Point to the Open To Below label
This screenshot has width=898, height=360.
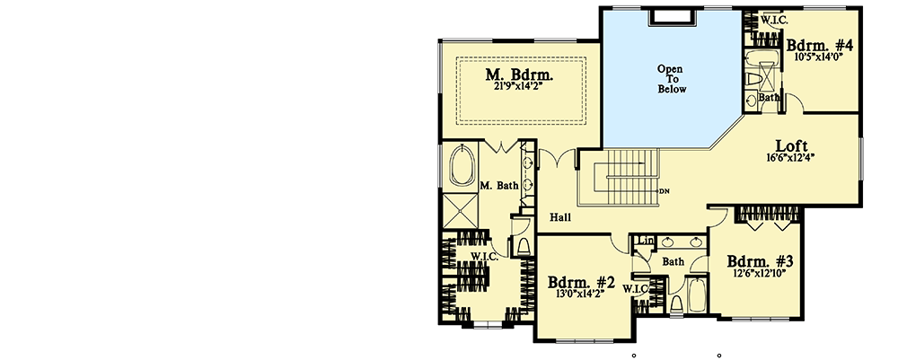(x=671, y=78)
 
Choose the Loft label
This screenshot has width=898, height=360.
(x=792, y=146)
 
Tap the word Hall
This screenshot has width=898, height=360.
(x=561, y=217)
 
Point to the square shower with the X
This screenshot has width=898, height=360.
(x=459, y=213)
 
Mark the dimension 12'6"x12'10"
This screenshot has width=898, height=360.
(x=760, y=276)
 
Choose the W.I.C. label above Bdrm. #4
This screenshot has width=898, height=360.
(x=774, y=19)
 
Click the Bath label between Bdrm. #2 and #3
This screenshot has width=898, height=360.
(x=673, y=262)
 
